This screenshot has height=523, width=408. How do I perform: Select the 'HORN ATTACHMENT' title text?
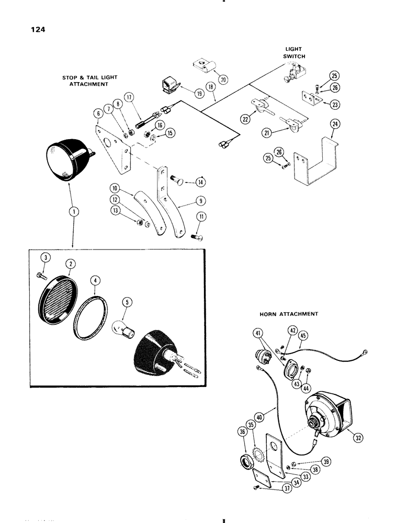pos(288,314)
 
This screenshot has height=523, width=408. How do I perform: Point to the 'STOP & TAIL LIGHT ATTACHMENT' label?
pos(89,81)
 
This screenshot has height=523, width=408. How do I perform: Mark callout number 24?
pos(333,124)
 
